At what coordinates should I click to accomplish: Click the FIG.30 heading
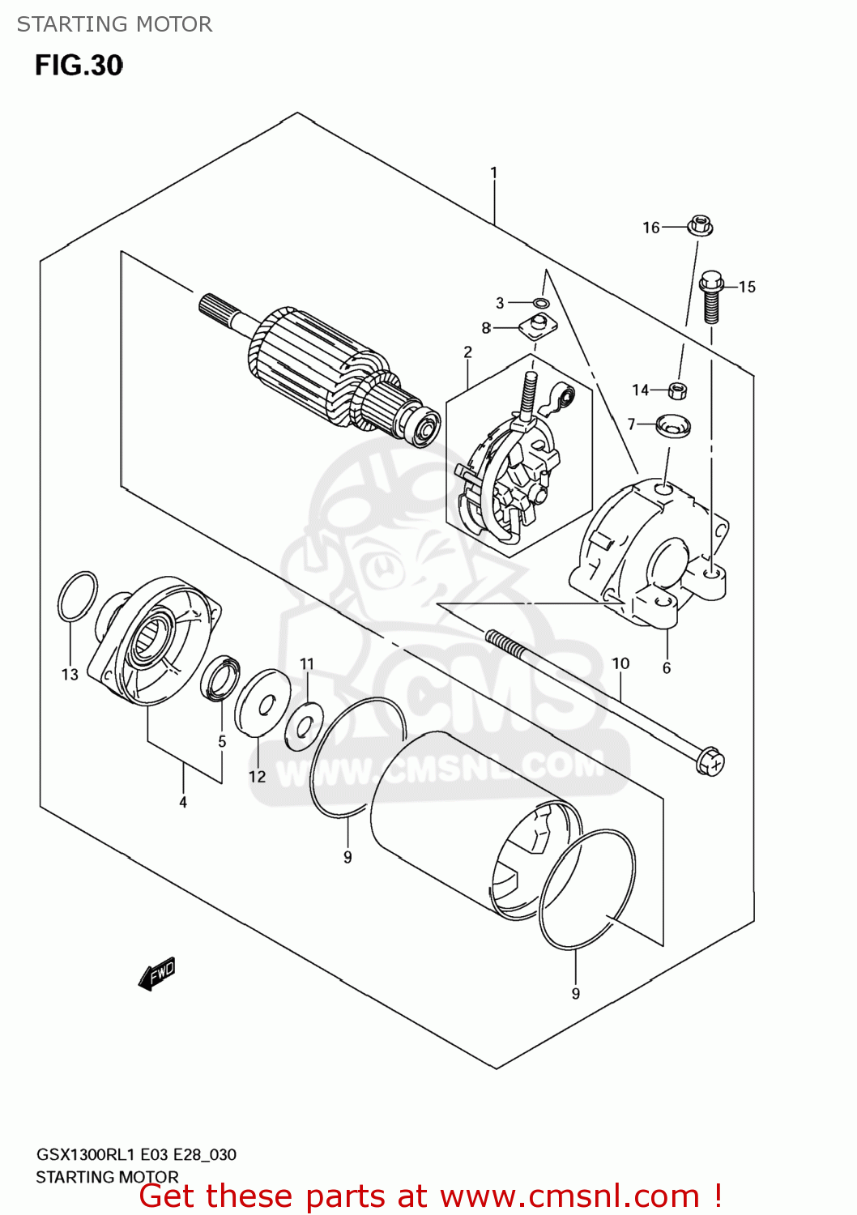click(x=79, y=66)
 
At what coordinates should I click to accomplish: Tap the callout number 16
click(x=651, y=228)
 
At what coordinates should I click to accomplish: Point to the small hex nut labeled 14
click(x=679, y=390)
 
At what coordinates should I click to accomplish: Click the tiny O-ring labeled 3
click(x=542, y=303)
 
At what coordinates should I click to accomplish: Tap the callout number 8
click(x=486, y=328)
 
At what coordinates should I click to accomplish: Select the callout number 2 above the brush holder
click(x=467, y=352)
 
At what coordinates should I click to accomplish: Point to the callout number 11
click(x=306, y=664)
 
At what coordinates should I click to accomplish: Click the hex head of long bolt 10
click(x=710, y=761)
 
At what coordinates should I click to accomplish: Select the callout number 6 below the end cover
click(x=667, y=667)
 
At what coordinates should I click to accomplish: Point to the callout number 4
click(x=183, y=802)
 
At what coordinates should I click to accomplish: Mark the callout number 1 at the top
click(x=493, y=173)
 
